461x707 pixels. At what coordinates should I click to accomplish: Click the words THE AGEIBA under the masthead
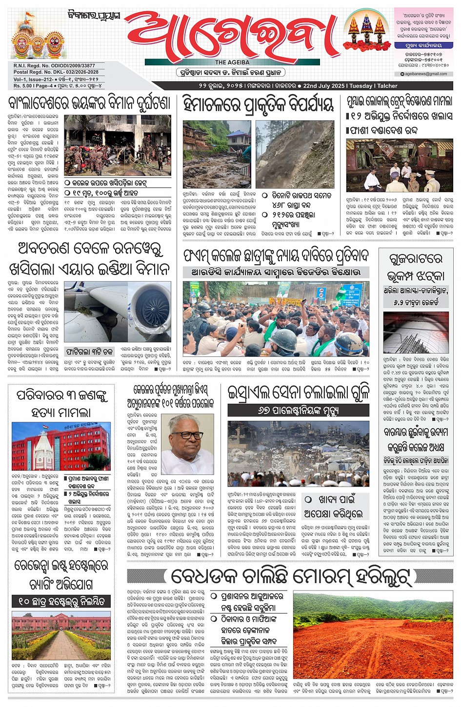point(232,62)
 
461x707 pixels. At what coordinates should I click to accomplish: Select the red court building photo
point(61,447)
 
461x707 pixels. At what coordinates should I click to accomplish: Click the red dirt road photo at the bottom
point(373,636)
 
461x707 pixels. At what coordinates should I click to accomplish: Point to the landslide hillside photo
point(295,154)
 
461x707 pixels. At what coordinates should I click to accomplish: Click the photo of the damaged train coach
point(399,166)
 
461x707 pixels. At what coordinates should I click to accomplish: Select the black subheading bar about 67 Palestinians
point(298,411)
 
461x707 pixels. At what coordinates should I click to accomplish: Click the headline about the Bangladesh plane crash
point(89,103)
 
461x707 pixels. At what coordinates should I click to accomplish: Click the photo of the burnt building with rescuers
point(118,145)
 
